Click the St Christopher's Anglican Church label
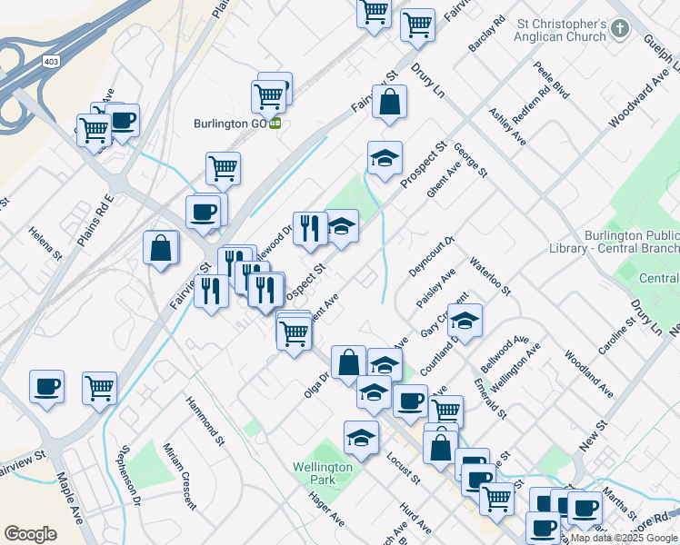tap(560, 30)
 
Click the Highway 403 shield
tap(53, 60)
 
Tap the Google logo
tap(30, 533)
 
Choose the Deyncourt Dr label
tap(431, 255)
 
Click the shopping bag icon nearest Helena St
tap(161, 248)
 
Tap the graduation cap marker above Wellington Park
tap(361, 437)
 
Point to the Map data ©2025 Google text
tap(624, 538)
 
